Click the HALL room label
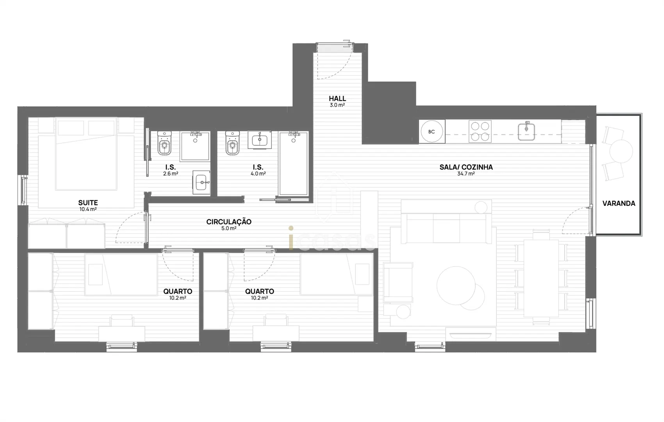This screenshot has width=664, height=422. tap(337, 98)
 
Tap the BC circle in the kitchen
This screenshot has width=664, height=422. tap(432, 132)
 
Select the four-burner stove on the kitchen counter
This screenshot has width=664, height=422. tap(480, 131)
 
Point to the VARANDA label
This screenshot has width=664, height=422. tap(619, 204)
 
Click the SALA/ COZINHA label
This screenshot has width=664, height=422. tap(466, 167)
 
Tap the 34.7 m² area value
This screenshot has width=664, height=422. tap(466, 174)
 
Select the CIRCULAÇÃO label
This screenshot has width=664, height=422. tap(229, 222)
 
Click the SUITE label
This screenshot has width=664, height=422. tap(88, 203)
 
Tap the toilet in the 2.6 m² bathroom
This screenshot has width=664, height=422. tap(164, 143)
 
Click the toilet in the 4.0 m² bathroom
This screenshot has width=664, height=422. tap(232, 143)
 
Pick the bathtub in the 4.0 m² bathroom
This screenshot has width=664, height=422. tap(293, 164)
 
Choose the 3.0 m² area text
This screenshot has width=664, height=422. tap(337, 105)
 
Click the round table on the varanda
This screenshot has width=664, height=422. tap(621, 152)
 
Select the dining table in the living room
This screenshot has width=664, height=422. tap(541, 279)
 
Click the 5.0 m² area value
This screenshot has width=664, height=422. tap(229, 228)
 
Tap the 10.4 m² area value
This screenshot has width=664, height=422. tap(88, 209)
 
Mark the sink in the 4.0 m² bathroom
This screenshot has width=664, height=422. tap(260, 140)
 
